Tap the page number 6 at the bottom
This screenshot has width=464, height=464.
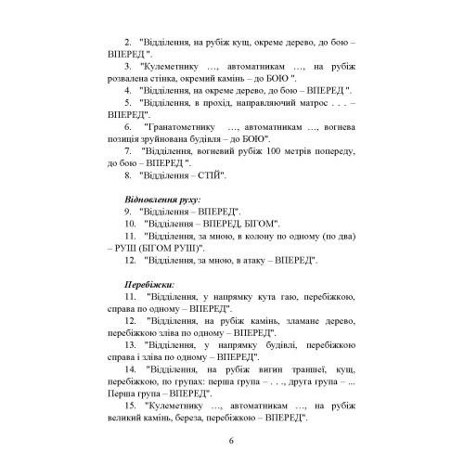231,440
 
